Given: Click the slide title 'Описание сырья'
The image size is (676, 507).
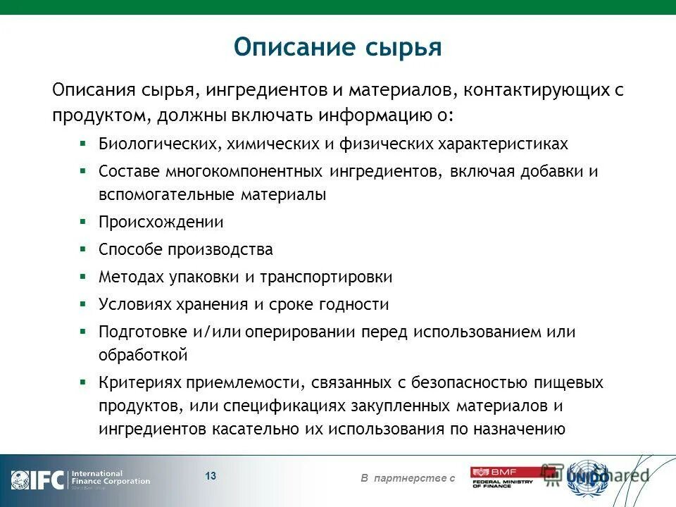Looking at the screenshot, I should click(337, 47).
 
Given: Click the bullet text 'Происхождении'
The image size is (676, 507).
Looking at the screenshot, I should click(161, 222).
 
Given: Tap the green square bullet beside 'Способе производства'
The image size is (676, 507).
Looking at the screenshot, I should click(82, 249).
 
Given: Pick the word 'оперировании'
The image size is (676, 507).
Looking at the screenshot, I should click(311, 332).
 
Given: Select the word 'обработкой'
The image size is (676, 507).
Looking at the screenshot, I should click(142, 355).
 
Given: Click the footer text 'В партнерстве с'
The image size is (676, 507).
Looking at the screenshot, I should click(408, 479).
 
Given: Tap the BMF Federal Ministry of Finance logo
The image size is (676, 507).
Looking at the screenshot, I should click(503, 477).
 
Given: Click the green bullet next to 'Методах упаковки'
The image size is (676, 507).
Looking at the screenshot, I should click(82, 276).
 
